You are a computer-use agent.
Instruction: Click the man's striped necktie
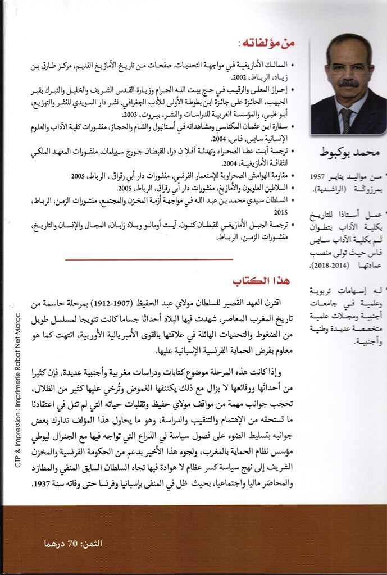coord(347,119)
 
